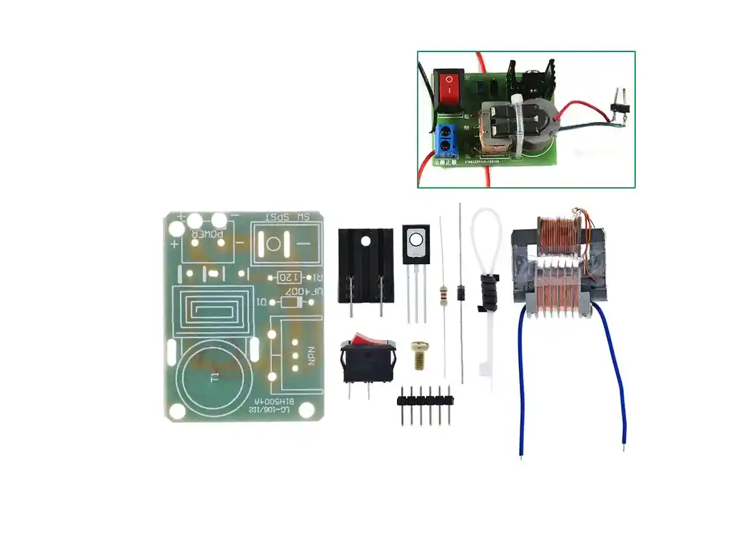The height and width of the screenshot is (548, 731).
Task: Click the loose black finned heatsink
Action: (365, 263)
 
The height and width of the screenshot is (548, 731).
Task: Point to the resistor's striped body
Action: (446, 293)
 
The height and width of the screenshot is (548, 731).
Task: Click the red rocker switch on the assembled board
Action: (450, 88)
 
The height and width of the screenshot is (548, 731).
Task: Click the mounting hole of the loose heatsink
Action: (365, 241)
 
